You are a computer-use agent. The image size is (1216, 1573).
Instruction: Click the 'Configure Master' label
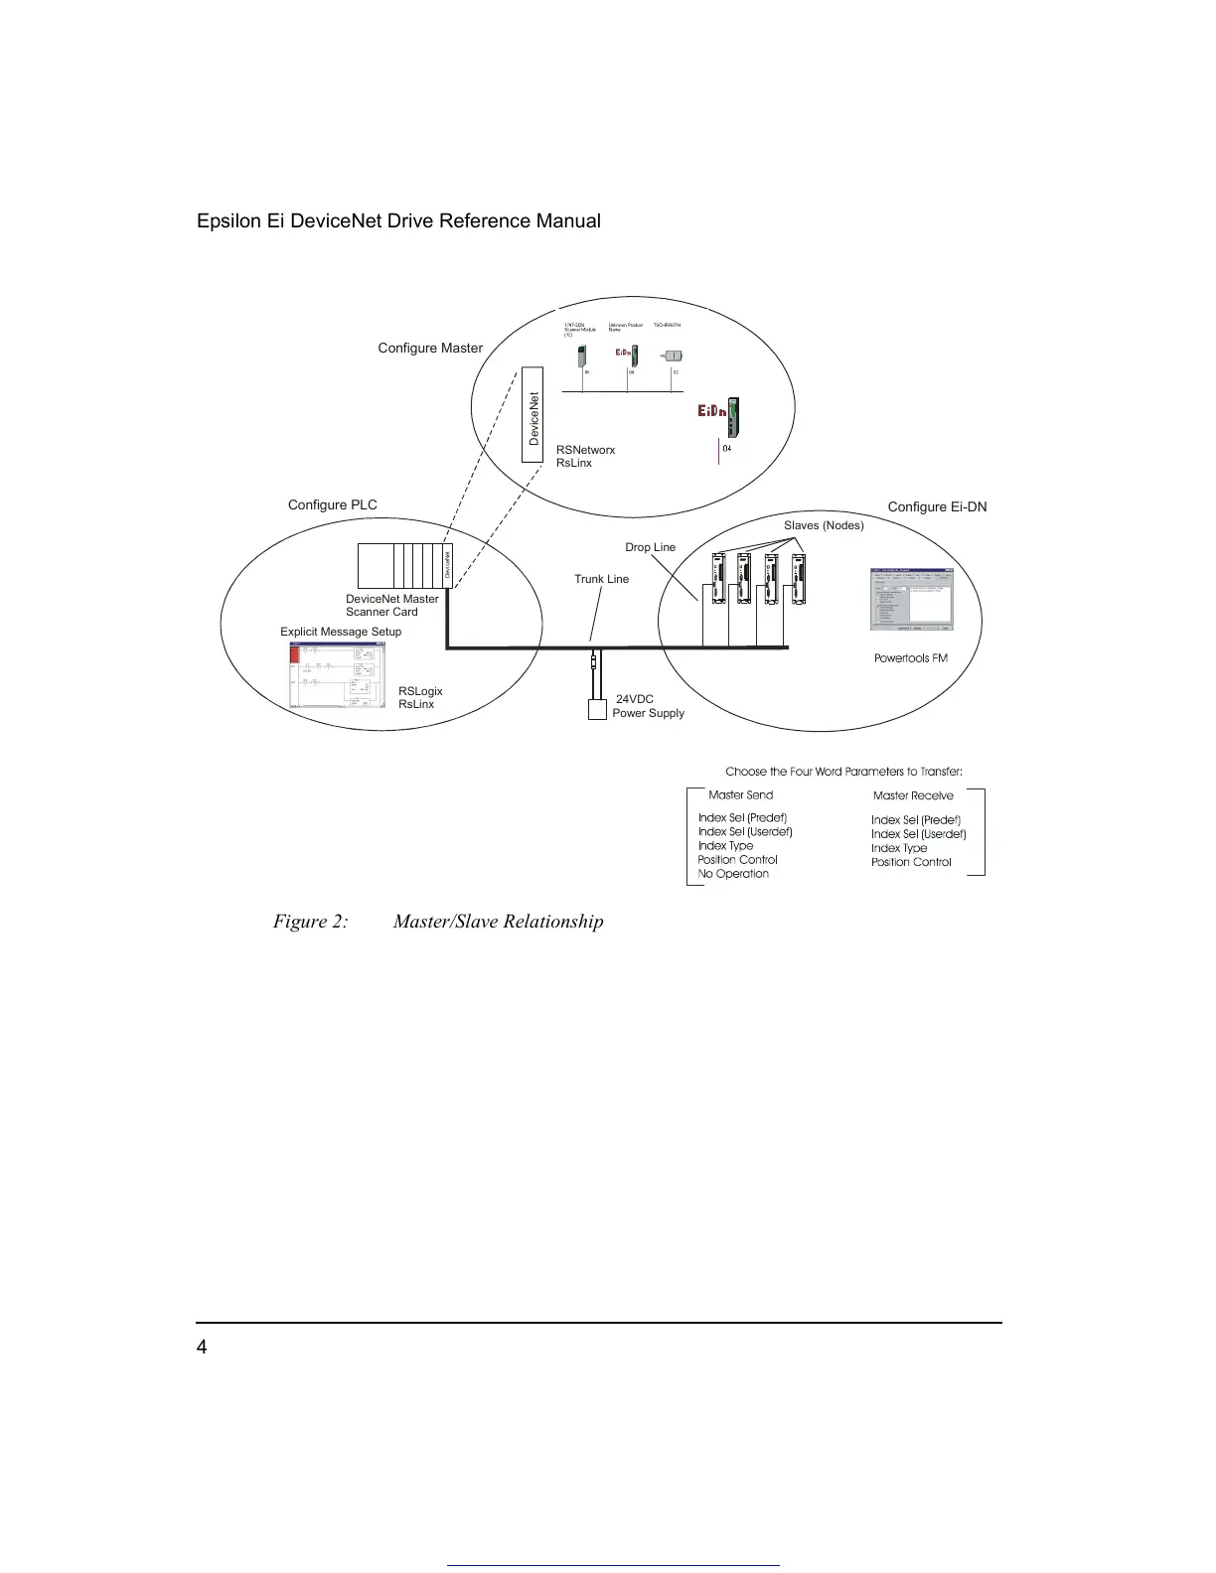pos(430,349)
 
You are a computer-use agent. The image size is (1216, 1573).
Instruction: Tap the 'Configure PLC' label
pos(333,505)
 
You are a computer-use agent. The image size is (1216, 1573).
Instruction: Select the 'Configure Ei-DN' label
pos(937,507)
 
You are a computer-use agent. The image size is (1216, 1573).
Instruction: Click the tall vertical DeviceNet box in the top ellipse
pos(534,416)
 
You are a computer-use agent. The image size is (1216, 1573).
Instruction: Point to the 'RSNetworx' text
pos(585,451)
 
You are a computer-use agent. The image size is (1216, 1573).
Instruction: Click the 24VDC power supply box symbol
pos(597,709)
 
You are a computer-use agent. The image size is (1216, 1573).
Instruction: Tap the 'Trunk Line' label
pos(601,580)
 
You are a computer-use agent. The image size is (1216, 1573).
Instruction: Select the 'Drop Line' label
pos(650,548)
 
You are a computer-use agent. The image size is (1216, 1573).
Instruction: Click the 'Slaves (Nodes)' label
pos(824,526)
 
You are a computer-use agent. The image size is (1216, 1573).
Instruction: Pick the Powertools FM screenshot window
pos(911,600)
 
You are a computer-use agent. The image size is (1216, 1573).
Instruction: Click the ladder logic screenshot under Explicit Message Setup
pos(337,675)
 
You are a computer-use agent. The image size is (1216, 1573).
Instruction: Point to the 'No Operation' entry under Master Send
pos(733,875)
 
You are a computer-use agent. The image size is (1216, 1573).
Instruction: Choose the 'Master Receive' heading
pos(913,796)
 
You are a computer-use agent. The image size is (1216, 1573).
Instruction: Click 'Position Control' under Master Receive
pos(911,863)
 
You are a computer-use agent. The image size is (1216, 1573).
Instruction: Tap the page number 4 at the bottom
pos(203,1348)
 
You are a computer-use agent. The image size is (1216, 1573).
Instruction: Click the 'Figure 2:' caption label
pos(310,923)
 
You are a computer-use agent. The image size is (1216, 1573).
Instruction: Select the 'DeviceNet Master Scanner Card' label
pos(391,606)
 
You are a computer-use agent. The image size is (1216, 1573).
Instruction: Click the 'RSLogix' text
pos(420,692)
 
